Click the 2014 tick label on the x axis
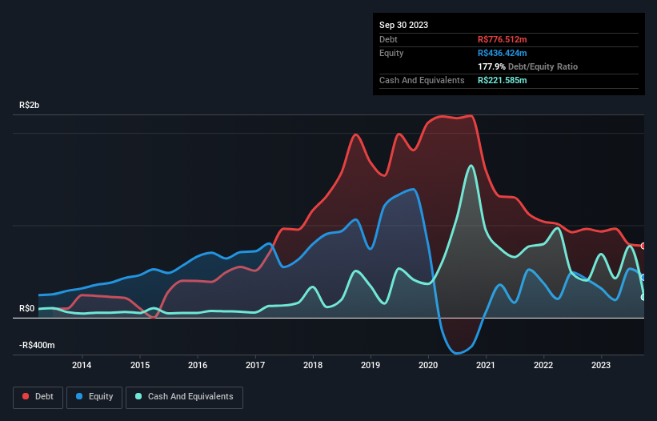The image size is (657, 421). (x=82, y=366)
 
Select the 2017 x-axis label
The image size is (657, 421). (x=254, y=366)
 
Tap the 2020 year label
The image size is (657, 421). (x=428, y=366)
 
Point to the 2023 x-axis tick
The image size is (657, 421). (x=601, y=366)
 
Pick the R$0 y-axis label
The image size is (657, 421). (x=27, y=308)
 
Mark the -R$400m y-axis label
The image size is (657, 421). (x=38, y=345)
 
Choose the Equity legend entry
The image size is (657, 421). (x=95, y=396)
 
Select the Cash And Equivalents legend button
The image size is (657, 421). (x=184, y=396)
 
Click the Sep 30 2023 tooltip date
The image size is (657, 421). (x=403, y=25)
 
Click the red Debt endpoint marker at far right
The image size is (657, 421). (x=643, y=246)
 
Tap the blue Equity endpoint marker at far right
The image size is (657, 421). (x=643, y=277)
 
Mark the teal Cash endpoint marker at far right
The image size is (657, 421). (x=643, y=297)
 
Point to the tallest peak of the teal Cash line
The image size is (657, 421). (x=471, y=166)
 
